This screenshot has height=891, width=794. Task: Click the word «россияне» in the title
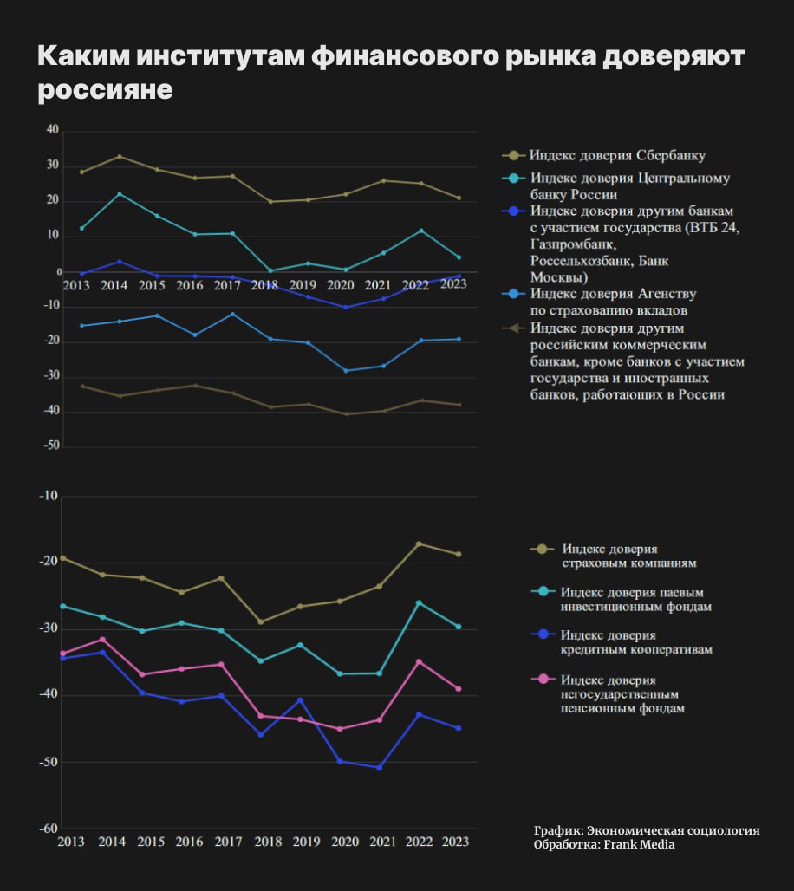coord(105,90)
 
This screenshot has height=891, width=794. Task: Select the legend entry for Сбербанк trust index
coord(617,156)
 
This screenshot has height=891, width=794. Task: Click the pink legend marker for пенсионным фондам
coord(543,680)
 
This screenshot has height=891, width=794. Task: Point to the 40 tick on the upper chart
coord(52,130)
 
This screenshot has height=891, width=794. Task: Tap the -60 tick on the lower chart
coord(50,829)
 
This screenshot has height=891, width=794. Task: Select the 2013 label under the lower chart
coord(71,842)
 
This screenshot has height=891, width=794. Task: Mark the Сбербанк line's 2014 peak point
coord(120,157)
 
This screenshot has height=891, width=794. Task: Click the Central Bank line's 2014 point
coord(120,194)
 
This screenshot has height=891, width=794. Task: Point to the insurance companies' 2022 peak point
coord(420,543)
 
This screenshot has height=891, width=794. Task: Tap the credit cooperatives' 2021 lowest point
coord(379,767)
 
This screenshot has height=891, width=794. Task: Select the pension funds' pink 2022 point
coord(420,662)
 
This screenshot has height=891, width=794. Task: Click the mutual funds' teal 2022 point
coord(420,602)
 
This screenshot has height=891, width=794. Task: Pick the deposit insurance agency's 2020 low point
coord(346,371)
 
